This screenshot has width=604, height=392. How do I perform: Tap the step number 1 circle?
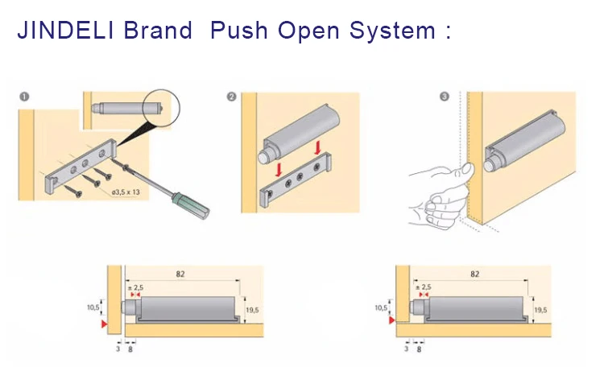pos(24,97)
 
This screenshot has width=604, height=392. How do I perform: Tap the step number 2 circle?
pos(231,97)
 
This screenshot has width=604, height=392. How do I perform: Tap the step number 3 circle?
pos(445,97)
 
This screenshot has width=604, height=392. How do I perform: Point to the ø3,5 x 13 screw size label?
pos(126,192)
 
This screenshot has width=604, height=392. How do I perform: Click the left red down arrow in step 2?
pos(279,169)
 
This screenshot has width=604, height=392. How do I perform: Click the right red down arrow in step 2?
pos(318,148)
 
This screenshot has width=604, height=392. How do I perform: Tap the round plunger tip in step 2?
pos(264,157)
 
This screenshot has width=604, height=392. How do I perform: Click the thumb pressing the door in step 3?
pos(467,169)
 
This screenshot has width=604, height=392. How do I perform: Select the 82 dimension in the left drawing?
pos(180,274)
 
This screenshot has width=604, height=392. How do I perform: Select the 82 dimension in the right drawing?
pos(474,274)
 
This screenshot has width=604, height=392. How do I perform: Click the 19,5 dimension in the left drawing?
pos(252,310)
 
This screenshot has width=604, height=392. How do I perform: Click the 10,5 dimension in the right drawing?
pos(381,307)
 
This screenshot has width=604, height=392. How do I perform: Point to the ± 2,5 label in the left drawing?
pos(135,287)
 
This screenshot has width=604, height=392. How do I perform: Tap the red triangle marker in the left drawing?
pos(104,324)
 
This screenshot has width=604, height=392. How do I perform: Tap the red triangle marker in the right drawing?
pos(391,320)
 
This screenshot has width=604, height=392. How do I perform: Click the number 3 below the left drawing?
pos(118,349)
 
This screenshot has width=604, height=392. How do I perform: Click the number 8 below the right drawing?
pos(419,349)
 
